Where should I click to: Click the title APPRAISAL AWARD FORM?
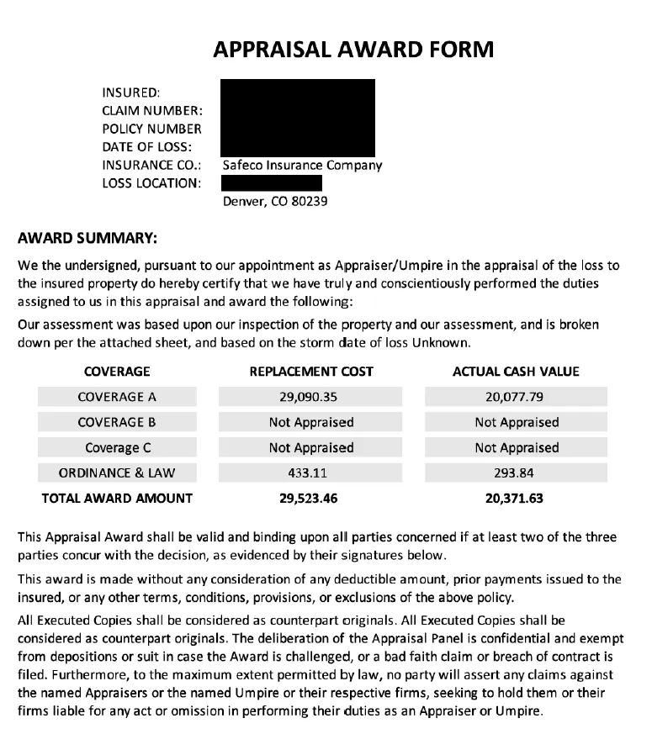point(353,50)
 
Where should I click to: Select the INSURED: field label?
point(130,92)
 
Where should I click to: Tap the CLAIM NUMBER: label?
point(151,110)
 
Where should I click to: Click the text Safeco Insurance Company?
point(302,166)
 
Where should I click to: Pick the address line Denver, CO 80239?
point(274,202)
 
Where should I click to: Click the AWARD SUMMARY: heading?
point(87,238)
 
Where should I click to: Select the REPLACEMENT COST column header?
point(311,372)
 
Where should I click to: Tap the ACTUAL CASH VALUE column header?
point(516,372)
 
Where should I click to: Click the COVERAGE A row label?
point(117,397)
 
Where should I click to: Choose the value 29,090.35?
point(311,397)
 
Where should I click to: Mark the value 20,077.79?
point(516,397)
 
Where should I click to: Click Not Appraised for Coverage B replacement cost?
point(311,422)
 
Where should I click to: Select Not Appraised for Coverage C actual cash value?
point(516,447)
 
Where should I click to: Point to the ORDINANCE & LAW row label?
point(117,473)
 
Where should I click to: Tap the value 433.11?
point(311,473)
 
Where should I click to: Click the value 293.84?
point(516,473)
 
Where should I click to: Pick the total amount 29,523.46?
point(308,498)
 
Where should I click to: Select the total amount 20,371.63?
point(514,498)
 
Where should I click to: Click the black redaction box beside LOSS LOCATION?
point(272,183)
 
